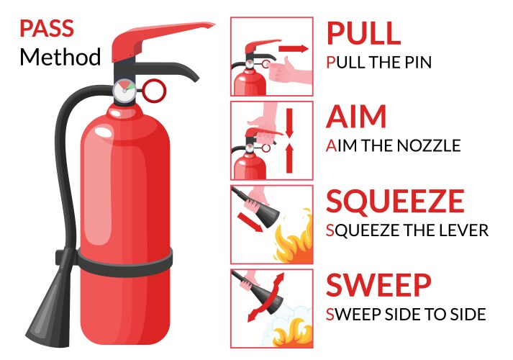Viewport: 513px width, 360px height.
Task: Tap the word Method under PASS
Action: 60,56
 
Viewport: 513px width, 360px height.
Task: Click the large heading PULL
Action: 363,33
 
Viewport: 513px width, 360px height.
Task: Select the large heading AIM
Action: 356,117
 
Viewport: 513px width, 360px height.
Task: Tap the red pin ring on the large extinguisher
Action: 154,91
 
